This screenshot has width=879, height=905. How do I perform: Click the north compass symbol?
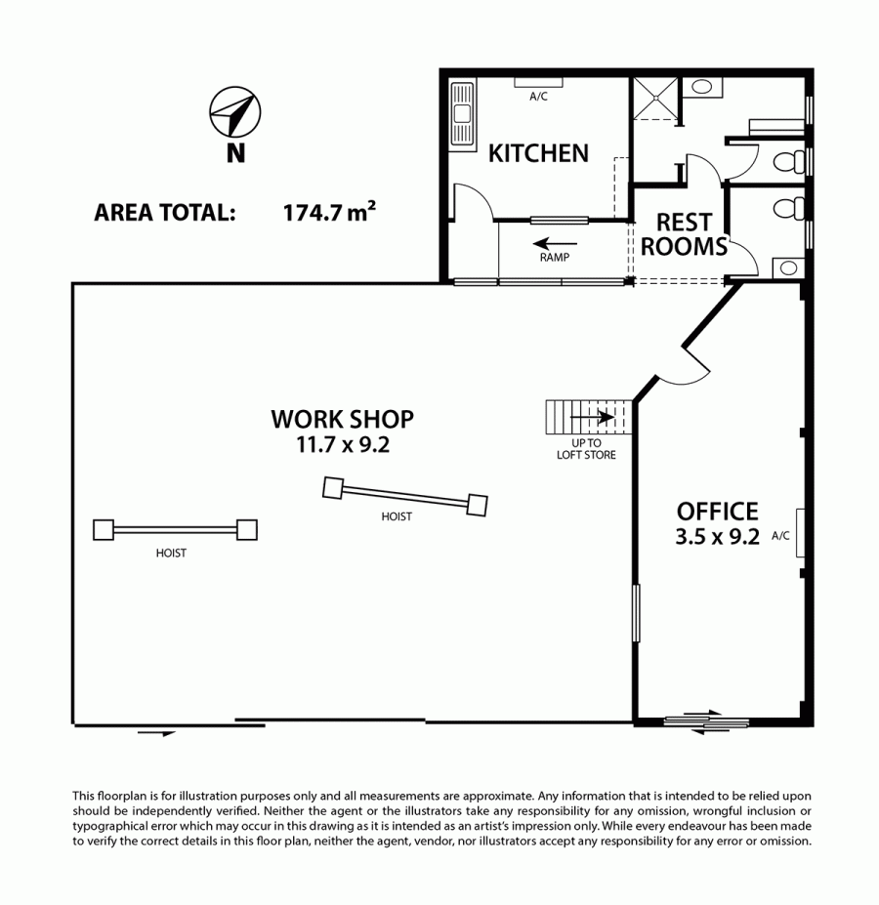pos(234,112)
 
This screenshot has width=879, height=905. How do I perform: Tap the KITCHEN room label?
pos(538,153)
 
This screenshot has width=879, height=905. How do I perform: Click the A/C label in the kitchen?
pos(538,97)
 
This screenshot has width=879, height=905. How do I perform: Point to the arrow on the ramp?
pos(555,243)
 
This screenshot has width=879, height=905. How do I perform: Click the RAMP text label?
pos(555,258)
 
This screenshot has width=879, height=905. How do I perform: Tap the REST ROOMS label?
pos(684,234)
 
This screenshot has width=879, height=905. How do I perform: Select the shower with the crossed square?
pos(655,99)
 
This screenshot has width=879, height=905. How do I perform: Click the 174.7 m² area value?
pos(329,212)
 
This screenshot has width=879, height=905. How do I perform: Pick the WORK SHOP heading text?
pos(343,419)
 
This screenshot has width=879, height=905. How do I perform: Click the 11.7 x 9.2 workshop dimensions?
pos(343,444)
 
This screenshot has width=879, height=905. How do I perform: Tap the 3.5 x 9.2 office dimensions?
pos(717,537)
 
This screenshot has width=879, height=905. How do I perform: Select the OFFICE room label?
pos(717,512)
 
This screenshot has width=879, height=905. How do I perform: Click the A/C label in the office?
pos(780,536)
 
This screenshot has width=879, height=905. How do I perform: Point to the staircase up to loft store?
pos(589,417)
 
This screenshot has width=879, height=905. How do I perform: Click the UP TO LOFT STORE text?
pos(586,449)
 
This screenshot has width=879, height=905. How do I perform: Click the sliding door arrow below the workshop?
pos(156,733)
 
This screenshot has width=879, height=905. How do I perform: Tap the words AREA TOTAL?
pos(165,213)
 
